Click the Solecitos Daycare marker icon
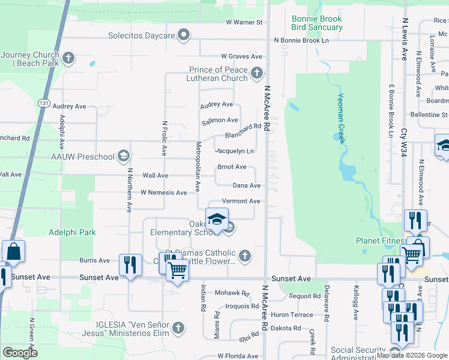coord(184,35)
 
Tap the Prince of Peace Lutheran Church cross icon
coord(257,74)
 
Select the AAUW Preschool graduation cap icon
coord(124,157)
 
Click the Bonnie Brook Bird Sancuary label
coord(317,23)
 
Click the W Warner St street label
coord(244,22)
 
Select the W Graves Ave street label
coord(241,56)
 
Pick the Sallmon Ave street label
coord(219,121)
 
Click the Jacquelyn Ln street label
coord(234,151)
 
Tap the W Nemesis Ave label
coord(164,193)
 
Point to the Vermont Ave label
coord(241,201)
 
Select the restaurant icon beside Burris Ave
coord(130,265)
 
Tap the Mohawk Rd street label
coord(232,293)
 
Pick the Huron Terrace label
coord(292,314)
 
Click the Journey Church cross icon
coord(68,59)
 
